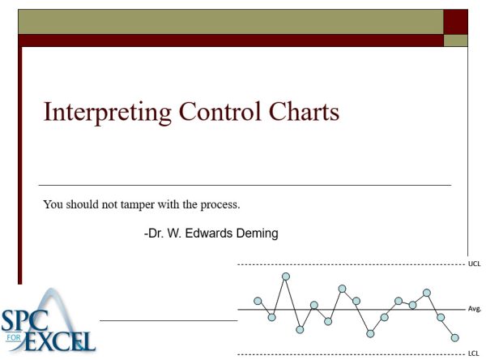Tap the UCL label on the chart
(x=474, y=264)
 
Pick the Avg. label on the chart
(x=475, y=309)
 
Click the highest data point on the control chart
(x=286, y=276)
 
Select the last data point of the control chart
(x=455, y=337)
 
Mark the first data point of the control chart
(x=258, y=301)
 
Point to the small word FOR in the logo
(x=11, y=334)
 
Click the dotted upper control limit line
(x=348, y=265)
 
